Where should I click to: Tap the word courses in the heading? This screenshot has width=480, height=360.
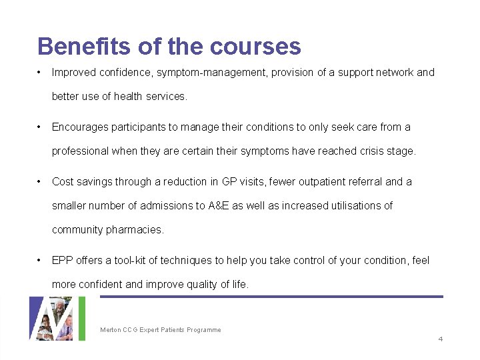pos(255,46)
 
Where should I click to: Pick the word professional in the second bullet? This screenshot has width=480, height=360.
pos(80,151)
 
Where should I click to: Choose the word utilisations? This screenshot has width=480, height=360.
pos(353,205)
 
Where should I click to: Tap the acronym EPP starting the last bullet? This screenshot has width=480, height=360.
pos(62,260)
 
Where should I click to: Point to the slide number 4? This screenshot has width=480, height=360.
pos(440,339)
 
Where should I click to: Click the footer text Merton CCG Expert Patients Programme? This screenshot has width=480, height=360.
pos(160,330)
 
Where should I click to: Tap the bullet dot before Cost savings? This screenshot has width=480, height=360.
pos(41,181)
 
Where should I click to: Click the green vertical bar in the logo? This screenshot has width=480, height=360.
pos(82,319)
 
